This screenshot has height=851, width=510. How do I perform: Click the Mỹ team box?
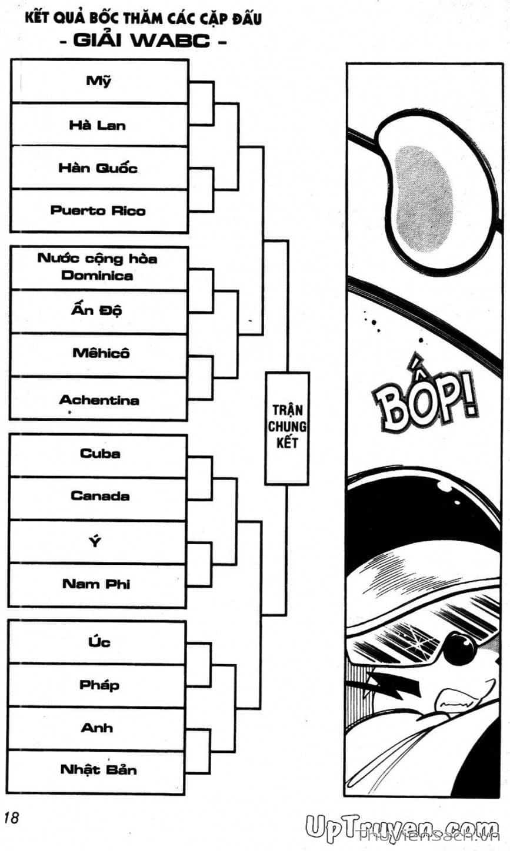click(99, 81)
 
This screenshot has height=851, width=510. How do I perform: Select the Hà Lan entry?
click(99, 125)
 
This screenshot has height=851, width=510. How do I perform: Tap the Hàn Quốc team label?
click(99, 167)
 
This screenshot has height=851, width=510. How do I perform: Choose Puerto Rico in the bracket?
click(99, 210)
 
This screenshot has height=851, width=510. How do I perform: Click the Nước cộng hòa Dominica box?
click(98, 267)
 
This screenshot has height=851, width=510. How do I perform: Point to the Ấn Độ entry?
click(98, 311)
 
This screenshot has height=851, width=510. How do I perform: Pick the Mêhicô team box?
click(98, 354)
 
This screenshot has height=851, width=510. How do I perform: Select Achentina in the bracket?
click(98, 400)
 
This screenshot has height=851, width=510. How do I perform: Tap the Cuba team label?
click(98, 454)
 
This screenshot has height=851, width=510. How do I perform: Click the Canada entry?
click(98, 497)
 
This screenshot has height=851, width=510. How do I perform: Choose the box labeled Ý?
click(98, 541)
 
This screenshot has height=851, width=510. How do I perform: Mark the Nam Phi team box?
click(98, 584)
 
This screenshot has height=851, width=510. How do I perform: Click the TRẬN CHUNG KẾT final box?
click(286, 427)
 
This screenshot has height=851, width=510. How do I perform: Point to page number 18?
click(12, 818)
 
